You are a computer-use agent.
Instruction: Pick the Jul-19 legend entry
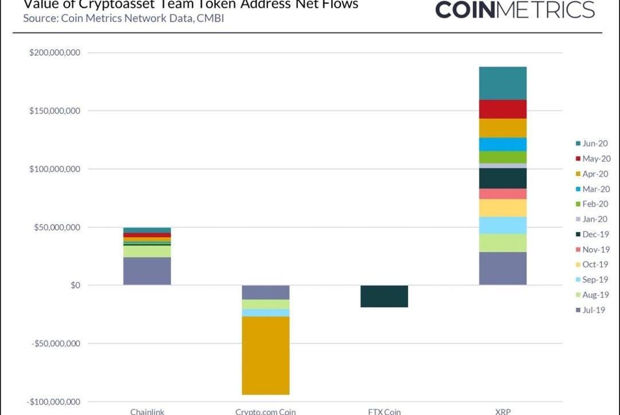pyautogui.click(x=592, y=310)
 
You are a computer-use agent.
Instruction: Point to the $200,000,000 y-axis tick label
pyautogui.click(x=55, y=53)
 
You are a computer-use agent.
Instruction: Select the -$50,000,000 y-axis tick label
pyautogui.click(x=56, y=343)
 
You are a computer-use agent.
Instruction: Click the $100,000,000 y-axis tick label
pyautogui.click(x=55, y=169)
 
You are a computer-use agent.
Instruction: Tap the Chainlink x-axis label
pyautogui.click(x=147, y=411)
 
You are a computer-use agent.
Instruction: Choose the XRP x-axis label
pyautogui.click(x=503, y=411)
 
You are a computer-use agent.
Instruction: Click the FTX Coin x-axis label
pyautogui.click(x=384, y=411)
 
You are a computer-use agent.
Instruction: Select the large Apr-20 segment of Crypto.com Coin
pyautogui.click(x=265, y=355)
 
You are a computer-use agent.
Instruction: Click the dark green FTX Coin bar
pyautogui.click(x=384, y=296)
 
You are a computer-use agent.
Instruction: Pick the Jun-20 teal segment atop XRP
pyautogui.click(x=503, y=83)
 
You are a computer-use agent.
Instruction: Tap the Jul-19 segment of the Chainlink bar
pyautogui.click(x=147, y=271)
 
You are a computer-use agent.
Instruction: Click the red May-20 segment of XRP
pyautogui.click(x=503, y=109)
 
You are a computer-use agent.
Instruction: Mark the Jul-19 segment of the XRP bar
pyautogui.click(x=503, y=268)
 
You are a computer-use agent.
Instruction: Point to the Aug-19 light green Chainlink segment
pyautogui.click(x=147, y=251)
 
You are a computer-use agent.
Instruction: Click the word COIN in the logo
pyautogui.click(x=467, y=9)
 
